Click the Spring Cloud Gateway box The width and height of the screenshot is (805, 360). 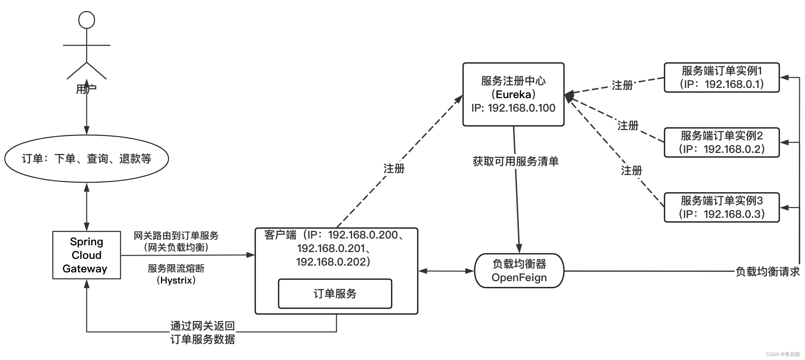(x=87, y=255)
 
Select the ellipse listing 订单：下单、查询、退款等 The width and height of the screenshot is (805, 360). (x=87, y=159)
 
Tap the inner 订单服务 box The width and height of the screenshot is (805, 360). (x=335, y=294)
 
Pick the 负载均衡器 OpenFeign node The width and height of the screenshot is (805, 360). (x=519, y=271)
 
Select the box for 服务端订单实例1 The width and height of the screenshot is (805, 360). (x=722, y=77)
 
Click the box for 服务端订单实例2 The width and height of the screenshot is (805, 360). (x=722, y=142)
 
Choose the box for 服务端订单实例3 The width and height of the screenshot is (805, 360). (x=722, y=207)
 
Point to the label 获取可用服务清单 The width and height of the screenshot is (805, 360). (x=516, y=161)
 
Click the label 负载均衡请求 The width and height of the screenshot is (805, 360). (x=767, y=271)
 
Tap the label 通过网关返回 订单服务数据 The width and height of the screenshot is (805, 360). (x=202, y=332)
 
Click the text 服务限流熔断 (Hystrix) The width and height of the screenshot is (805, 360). (x=176, y=274)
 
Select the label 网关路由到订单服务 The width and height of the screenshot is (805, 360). (x=176, y=235)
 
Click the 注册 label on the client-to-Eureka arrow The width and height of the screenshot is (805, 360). (x=394, y=168)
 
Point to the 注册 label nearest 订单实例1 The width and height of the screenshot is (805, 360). (x=622, y=85)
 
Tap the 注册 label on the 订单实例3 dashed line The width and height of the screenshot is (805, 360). (x=631, y=170)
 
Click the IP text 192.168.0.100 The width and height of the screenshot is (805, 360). (x=522, y=108)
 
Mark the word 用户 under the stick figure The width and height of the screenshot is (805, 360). (x=86, y=89)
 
